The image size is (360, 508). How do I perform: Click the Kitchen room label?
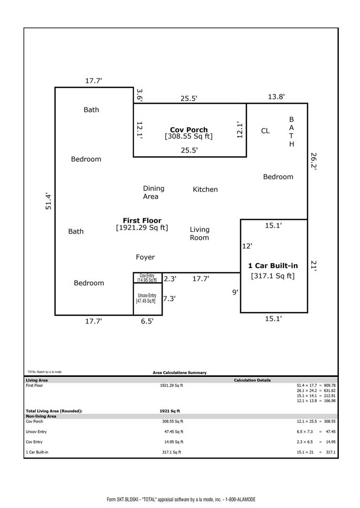(x=205, y=190)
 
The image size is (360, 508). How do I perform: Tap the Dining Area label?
(x=154, y=192)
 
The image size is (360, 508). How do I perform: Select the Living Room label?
(x=199, y=234)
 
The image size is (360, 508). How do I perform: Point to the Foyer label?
(x=145, y=257)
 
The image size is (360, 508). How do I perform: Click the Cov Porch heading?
(x=189, y=130)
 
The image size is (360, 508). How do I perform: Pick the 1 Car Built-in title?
(x=273, y=266)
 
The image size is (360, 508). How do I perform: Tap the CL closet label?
(x=265, y=131)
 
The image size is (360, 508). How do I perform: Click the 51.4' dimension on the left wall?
(x=48, y=201)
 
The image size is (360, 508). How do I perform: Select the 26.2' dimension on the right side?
(x=313, y=161)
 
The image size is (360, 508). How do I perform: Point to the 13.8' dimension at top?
(x=276, y=96)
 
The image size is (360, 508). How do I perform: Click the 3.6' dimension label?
(x=139, y=95)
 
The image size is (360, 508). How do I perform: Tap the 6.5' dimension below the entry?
(x=147, y=321)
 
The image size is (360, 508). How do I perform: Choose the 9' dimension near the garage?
(x=235, y=292)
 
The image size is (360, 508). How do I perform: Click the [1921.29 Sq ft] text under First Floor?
(x=142, y=228)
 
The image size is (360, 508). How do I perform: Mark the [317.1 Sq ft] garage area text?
(x=273, y=276)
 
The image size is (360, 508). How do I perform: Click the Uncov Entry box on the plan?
(x=148, y=299)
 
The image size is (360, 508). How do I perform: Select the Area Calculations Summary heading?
(x=180, y=373)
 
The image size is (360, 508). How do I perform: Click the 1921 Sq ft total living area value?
(x=170, y=411)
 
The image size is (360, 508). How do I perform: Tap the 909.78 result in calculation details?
(x=329, y=386)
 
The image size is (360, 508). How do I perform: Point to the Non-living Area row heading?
(x=41, y=416)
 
